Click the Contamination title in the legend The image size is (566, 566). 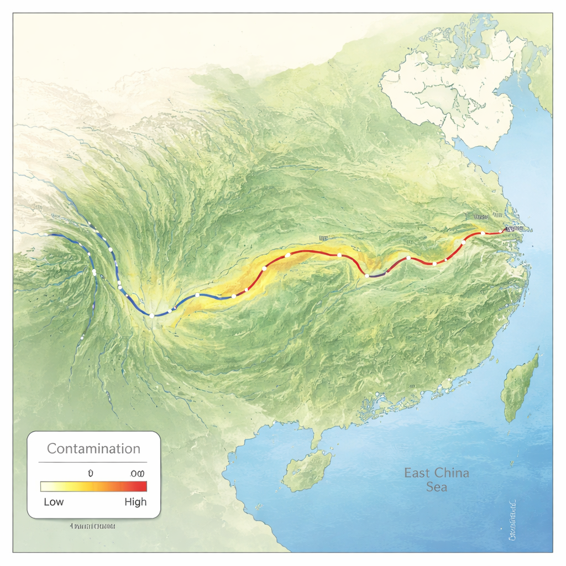[x=93, y=448]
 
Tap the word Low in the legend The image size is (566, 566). [x=54, y=502]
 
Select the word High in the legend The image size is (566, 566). [x=135, y=502]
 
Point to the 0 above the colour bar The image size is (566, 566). [x=90, y=474]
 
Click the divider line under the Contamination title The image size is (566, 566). [x=93, y=462]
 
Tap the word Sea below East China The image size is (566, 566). [x=436, y=487]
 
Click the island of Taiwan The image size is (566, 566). [x=519, y=387]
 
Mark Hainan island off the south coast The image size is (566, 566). [x=307, y=469]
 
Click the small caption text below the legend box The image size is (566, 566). [x=93, y=525]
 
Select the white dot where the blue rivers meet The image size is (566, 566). [x=151, y=316]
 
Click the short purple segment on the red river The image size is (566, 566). [x=377, y=274]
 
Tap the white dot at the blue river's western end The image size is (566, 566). [x=46, y=235]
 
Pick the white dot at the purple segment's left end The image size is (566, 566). [x=367, y=275]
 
